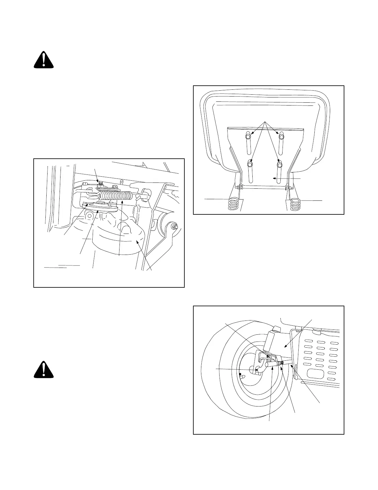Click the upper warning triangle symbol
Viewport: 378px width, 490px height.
click(44, 60)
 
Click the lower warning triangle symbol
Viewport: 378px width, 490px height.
click(44, 370)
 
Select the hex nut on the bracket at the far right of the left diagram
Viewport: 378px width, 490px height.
click(175, 227)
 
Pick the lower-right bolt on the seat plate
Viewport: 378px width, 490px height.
click(280, 165)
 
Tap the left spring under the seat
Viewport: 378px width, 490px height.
click(233, 204)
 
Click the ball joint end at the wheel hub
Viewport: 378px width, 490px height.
click(257, 369)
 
